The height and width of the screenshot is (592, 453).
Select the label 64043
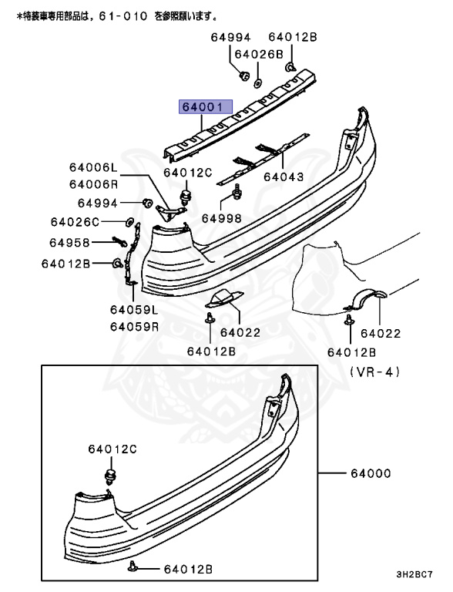[x=284, y=177]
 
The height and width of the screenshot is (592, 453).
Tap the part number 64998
[x=222, y=218]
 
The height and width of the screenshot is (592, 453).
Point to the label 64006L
[x=93, y=168]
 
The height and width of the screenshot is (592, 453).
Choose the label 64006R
[x=93, y=184]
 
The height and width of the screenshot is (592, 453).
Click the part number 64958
[x=70, y=243]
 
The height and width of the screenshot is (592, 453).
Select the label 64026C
[x=75, y=223]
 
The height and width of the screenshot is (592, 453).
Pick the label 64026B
[x=258, y=54]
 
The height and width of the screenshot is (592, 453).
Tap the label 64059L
[x=133, y=310]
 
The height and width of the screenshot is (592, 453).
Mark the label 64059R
[x=133, y=326]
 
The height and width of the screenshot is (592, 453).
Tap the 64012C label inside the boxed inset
[x=112, y=449]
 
